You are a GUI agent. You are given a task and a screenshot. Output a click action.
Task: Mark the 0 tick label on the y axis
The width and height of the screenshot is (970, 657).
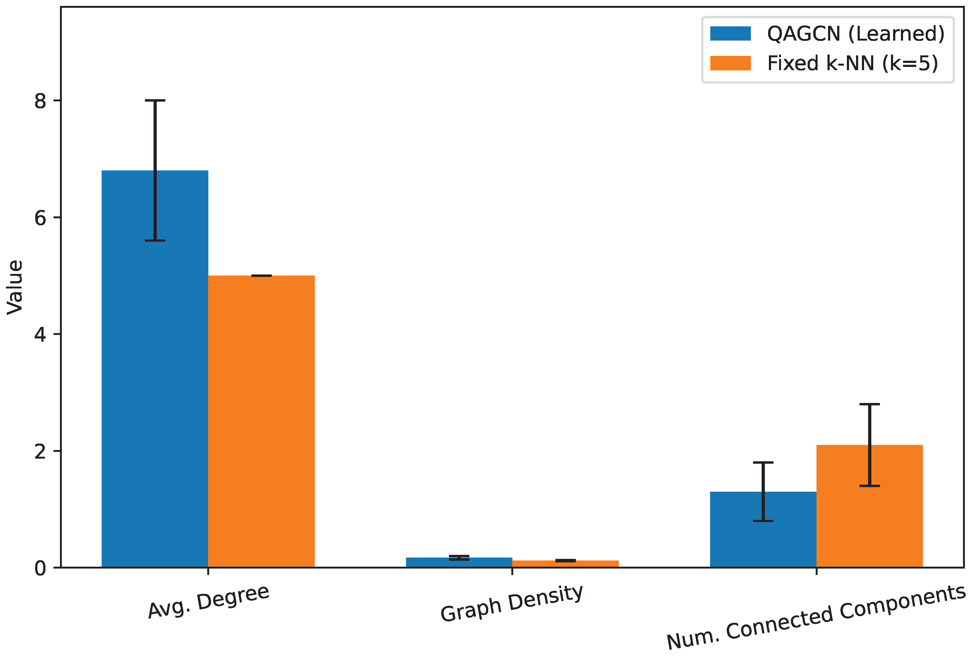click(41, 568)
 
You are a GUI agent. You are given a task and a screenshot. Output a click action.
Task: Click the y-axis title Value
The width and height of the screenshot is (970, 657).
click(15, 287)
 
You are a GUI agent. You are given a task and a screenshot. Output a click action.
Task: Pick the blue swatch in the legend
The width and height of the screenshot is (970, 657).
click(730, 33)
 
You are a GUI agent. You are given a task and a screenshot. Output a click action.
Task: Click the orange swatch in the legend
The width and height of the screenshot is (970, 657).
click(730, 63)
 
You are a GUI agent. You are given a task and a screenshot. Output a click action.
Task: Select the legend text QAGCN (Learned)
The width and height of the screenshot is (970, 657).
click(856, 33)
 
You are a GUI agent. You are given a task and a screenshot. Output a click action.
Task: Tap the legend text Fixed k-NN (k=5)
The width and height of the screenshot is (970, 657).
click(853, 63)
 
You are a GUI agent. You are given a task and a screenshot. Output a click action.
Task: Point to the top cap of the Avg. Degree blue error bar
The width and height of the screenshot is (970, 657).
click(155, 101)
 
